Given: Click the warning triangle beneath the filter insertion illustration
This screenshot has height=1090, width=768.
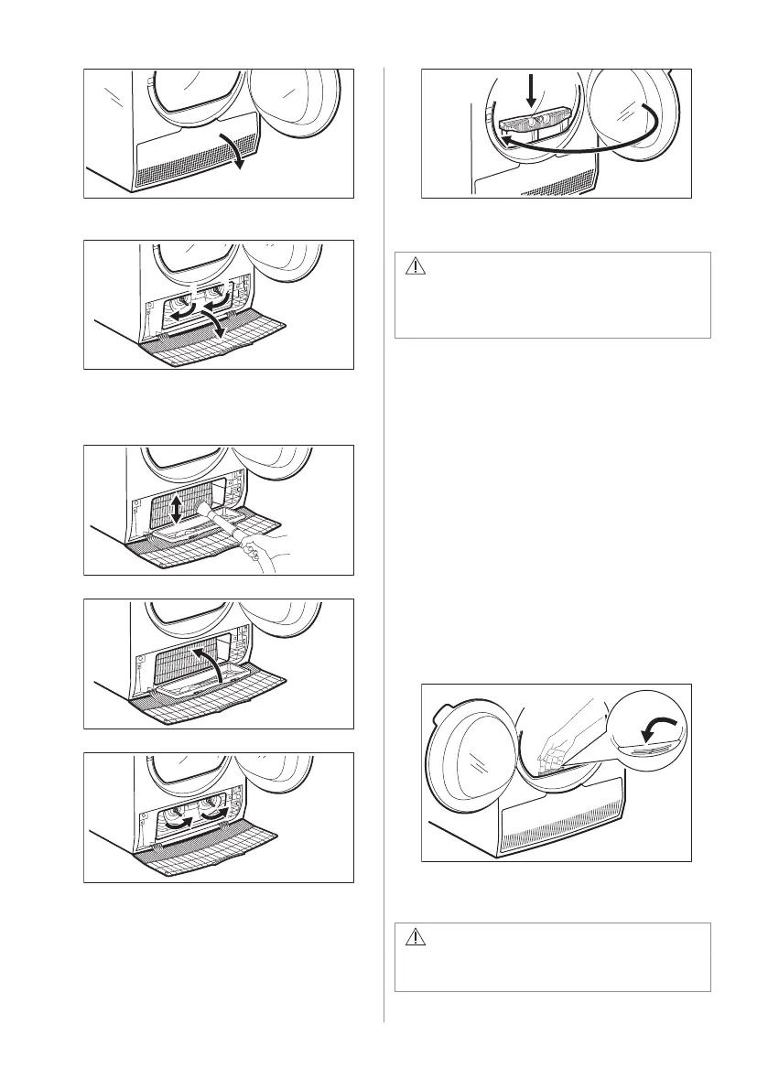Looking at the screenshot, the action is (416, 267).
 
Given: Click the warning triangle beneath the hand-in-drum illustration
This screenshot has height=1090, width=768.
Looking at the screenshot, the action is (416, 938).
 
